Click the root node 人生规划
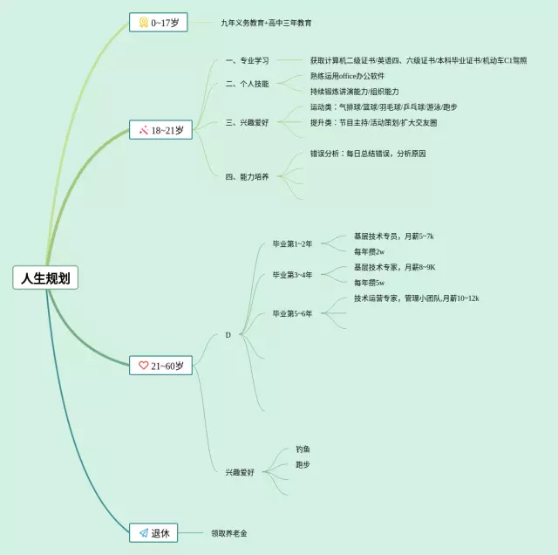click(x=46, y=278)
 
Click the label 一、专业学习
click(x=247, y=61)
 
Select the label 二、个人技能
click(x=247, y=84)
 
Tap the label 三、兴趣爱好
click(x=247, y=122)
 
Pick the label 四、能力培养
click(x=247, y=176)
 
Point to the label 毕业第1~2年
click(x=292, y=243)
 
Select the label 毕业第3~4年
click(x=292, y=275)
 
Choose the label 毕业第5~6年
click(x=292, y=312)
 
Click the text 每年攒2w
click(x=369, y=251)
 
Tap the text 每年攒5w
click(x=369, y=283)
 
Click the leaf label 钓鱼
click(x=303, y=449)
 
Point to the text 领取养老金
click(x=235, y=532)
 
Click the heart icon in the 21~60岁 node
click(x=143, y=366)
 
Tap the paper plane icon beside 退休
click(x=143, y=531)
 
